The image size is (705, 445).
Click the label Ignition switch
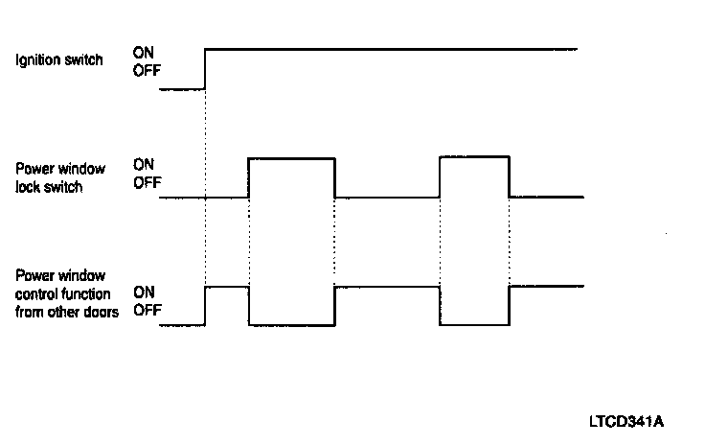coord(58,61)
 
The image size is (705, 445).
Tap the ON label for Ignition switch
coord(144,52)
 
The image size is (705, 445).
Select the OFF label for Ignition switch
coord(147,69)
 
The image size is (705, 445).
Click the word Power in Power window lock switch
coord(32,170)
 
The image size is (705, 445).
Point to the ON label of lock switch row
coord(144,165)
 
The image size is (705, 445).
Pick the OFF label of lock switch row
coord(147,182)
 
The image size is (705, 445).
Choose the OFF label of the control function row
coord(147,311)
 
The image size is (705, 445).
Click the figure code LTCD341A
coord(627,421)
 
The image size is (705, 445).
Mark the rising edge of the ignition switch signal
coord(206,67)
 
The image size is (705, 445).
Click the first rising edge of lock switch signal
coord(248,177)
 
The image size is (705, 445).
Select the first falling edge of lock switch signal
coord(335,177)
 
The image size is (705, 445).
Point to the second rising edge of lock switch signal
coord(440,177)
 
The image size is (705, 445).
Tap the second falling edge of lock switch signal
coord(509,177)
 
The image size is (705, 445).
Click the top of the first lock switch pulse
coord(291,157)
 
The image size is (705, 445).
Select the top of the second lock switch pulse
coord(474,157)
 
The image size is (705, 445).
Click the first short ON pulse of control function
coord(227,286)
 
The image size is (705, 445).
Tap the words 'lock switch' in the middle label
coord(49,188)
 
